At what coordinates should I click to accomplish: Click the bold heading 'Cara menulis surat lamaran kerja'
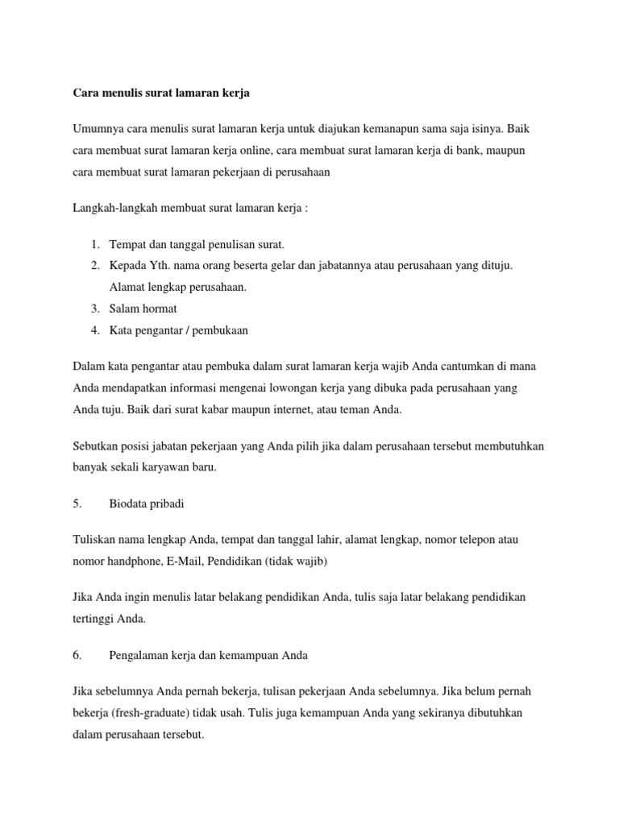tap(160, 93)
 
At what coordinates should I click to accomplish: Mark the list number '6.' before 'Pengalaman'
tap(77, 656)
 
